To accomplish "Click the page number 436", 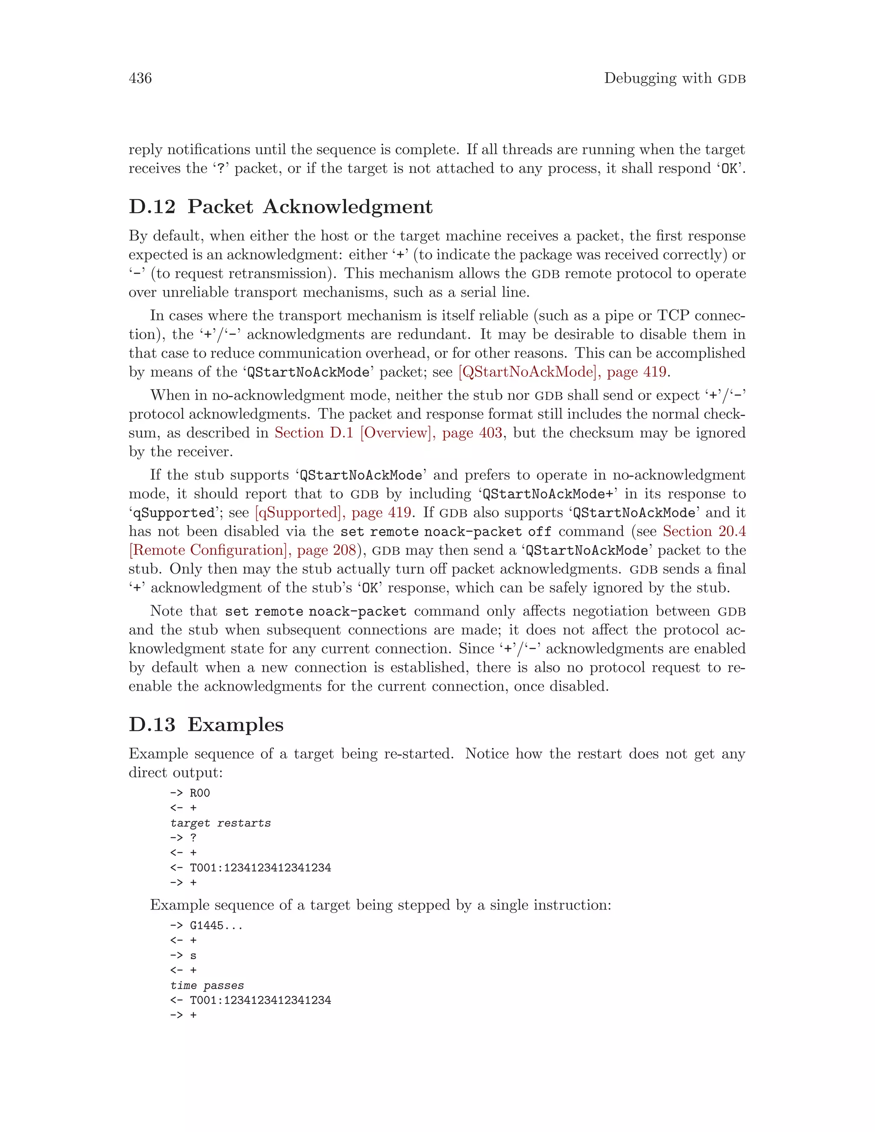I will [140, 78].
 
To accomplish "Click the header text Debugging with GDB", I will [674, 78].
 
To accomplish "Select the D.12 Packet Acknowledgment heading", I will [280, 207].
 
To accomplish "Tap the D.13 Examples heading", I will [206, 724].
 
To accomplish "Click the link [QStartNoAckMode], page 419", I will [562, 372].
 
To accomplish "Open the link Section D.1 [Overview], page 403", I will [388, 433].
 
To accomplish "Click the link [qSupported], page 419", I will [334, 513].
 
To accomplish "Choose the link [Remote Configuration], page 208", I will [243, 550].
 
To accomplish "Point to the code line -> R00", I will [190, 793].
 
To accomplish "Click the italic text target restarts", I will [220, 823].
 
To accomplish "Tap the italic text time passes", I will [207, 985].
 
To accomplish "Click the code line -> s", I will [183, 955].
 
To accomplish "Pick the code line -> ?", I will [183, 838].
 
